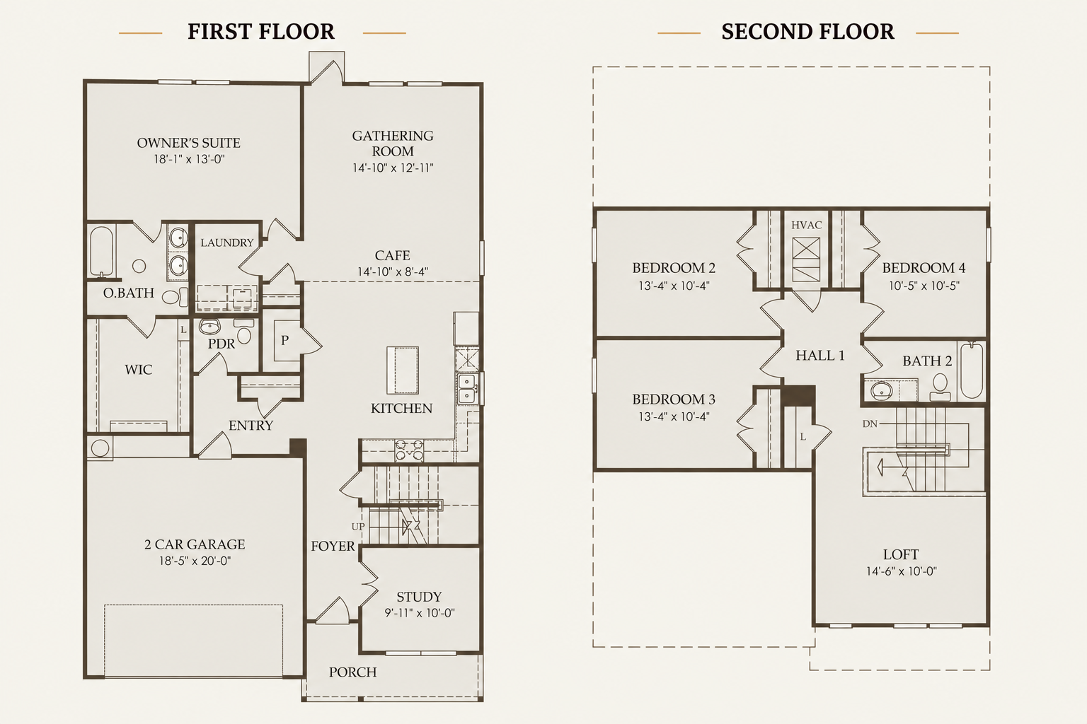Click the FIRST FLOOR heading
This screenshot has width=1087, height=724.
[261, 32]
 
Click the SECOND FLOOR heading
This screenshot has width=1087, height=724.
[807, 32]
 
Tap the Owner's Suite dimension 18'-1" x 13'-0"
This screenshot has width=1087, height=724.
[189, 159]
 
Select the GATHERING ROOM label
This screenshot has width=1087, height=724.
[393, 143]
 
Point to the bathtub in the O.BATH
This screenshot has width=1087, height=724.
[101, 251]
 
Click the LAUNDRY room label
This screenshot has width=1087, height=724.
[227, 243]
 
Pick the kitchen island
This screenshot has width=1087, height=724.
[402, 370]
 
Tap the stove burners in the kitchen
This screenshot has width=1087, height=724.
[409, 450]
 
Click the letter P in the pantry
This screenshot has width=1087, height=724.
[285, 340]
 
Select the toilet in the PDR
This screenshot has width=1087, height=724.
[243, 332]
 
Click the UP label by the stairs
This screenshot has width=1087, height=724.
[358, 527]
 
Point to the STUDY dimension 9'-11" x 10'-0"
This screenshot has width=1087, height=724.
[420, 613]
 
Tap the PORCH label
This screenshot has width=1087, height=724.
[353, 672]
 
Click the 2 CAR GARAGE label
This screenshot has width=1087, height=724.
[195, 544]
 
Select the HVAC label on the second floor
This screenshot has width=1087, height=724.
[807, 225]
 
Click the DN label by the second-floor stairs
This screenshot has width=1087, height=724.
[870, 424]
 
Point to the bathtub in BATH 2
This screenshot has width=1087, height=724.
[972, 370]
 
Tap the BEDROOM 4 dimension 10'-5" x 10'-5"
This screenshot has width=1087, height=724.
[924, 286]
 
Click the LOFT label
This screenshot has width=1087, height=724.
[901, 554]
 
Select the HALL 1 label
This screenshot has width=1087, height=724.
[820, 356]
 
